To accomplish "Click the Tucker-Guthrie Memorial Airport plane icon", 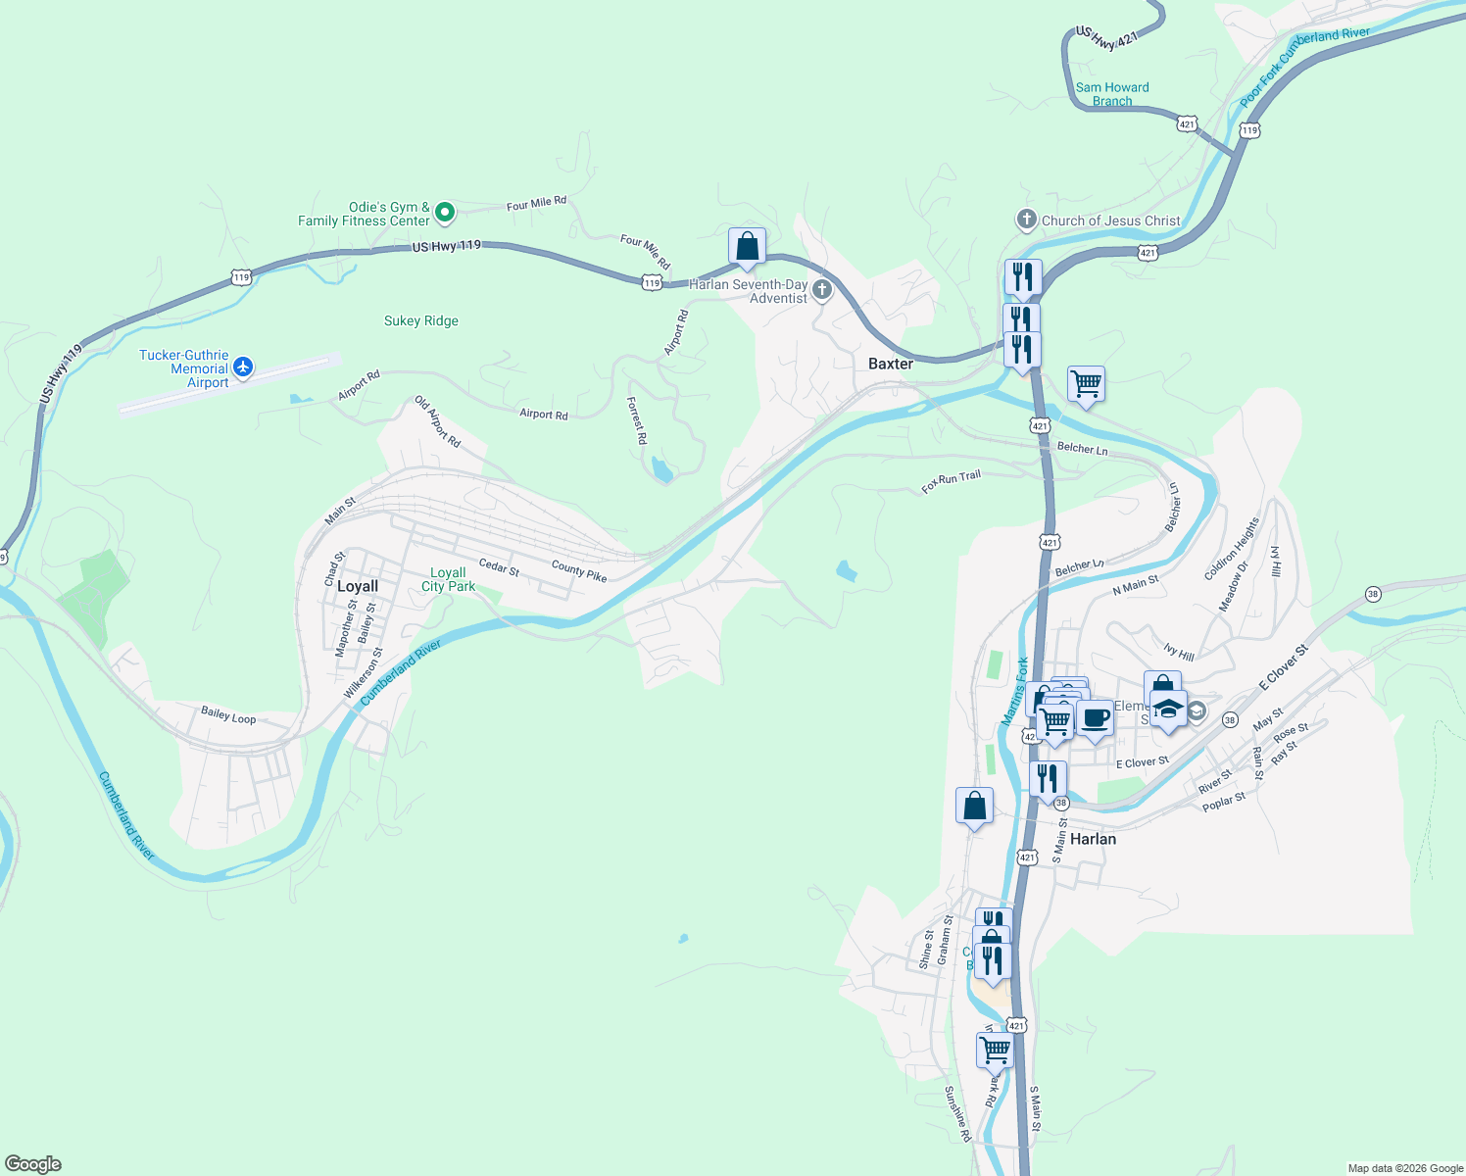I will (243, 368).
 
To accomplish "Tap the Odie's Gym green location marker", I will (444, 212).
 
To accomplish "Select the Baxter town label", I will (890, 364).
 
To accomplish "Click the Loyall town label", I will (357, 586).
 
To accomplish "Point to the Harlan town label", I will (1093, 839).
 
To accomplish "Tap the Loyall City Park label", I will (448, 579).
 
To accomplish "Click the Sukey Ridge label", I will (420, 320).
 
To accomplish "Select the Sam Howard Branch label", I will (1112, 94).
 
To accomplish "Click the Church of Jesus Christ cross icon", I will (1026, 220).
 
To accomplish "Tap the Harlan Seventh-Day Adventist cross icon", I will (822, 289).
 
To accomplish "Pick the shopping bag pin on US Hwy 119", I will (747, 247).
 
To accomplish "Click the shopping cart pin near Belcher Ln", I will (1086, 384).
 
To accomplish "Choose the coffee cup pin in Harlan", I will (1095, 718).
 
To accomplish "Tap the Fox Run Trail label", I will (951, 482).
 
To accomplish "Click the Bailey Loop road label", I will (228, 715).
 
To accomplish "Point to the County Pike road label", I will (579, 570).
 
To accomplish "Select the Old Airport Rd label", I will (437, 421).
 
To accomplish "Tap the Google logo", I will (33, 1164).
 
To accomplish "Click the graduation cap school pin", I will (1168, 709).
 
